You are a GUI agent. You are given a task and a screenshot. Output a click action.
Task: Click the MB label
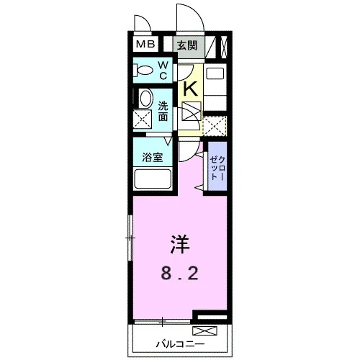point(145,44)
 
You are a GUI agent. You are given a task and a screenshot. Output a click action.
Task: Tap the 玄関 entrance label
point(187,45)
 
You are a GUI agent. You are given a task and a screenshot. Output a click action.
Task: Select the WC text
point(163,71)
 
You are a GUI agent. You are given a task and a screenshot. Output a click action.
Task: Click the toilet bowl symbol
point(143,71)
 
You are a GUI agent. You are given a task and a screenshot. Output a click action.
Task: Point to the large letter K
point(190,89)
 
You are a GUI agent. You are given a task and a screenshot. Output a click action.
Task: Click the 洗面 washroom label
point(163,112)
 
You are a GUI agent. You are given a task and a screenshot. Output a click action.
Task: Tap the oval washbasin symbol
point(146,99)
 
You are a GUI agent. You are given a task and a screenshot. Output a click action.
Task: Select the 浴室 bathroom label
point(152,158)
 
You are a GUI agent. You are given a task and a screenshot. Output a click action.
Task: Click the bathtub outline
point(153,179)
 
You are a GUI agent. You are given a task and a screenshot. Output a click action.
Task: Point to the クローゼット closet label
point(217,168)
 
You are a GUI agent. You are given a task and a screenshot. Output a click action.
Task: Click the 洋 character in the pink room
point(180,244)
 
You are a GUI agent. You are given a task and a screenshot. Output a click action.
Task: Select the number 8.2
point(179,274)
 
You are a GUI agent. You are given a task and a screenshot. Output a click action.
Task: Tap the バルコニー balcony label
point(180,344)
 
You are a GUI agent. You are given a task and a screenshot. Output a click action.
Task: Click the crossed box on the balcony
point(204,330)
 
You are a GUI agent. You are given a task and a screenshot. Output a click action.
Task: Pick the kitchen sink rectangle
point(215,73)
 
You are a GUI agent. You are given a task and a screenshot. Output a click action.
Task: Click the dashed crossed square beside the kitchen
point(215,126)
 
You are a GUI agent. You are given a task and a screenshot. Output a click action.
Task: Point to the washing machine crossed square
point(143,119)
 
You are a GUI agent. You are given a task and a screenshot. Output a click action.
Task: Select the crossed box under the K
point(192,111)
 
